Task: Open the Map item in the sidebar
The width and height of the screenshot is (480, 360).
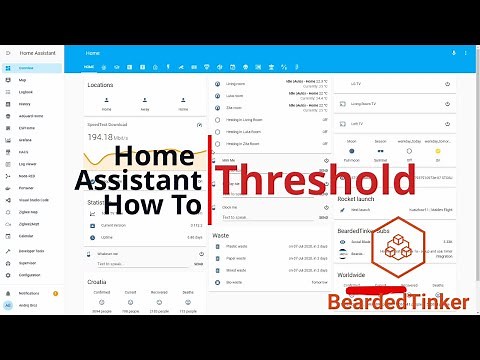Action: point(22,79)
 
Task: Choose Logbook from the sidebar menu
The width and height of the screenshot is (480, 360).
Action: point(26,91)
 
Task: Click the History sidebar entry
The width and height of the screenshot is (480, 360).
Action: point(25,103)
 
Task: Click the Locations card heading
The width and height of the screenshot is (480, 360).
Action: point(100,85)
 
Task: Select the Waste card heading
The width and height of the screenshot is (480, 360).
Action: point(222,236)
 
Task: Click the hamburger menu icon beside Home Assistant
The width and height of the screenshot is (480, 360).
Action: point(8,52)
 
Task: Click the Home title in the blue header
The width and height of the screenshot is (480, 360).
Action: point(93,52)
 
